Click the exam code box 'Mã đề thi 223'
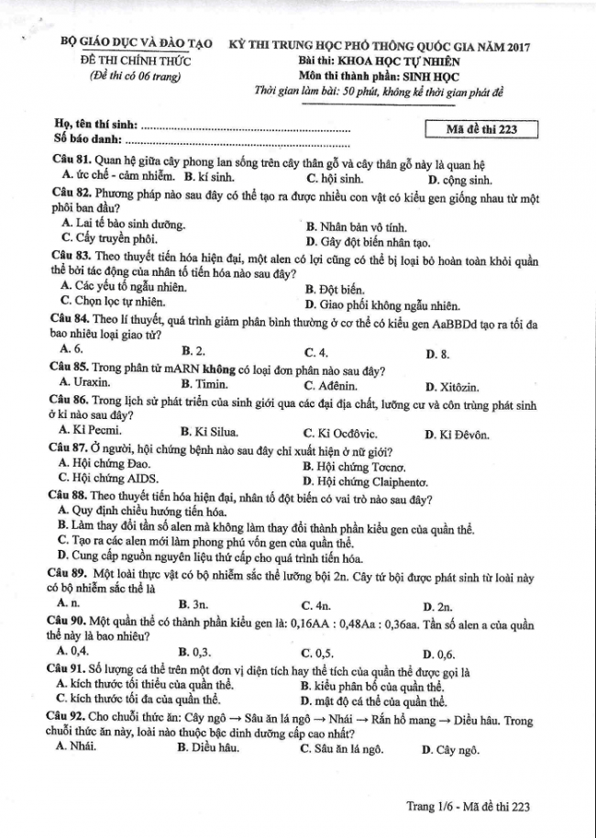point(481,129)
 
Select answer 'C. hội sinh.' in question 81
point(335,180)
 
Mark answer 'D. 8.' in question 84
point(437,354)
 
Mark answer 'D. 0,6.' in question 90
point(438,654)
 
